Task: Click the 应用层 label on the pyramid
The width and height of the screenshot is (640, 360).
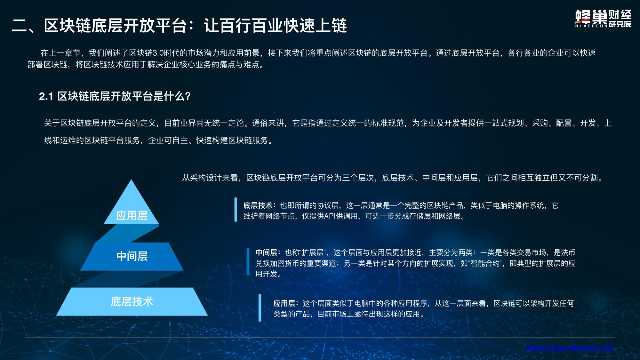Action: point(132,215)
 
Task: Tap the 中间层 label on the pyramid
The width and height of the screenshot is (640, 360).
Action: point(132,256)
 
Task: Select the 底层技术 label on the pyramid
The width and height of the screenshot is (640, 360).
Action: point(132,301)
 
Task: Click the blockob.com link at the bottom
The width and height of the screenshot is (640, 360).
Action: point(570,348)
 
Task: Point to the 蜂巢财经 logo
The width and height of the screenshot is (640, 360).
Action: point(603,19)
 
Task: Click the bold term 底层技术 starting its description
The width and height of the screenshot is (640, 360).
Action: point(258,205)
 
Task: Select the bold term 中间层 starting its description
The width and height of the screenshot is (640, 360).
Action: point(266,253)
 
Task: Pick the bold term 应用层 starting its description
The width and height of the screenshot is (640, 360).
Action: point(284,303)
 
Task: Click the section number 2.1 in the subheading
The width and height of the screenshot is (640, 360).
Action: point(46,96)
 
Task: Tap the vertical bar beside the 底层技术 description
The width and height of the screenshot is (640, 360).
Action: point(236,210)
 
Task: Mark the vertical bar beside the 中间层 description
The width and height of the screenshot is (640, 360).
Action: point(248,261)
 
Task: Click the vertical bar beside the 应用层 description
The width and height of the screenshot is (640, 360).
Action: point(260,308)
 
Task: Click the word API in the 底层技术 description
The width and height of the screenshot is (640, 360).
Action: point(330,216)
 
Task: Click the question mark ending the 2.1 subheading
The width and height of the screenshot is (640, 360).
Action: point(188,96)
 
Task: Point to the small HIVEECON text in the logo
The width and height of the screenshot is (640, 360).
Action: point(591,26)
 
